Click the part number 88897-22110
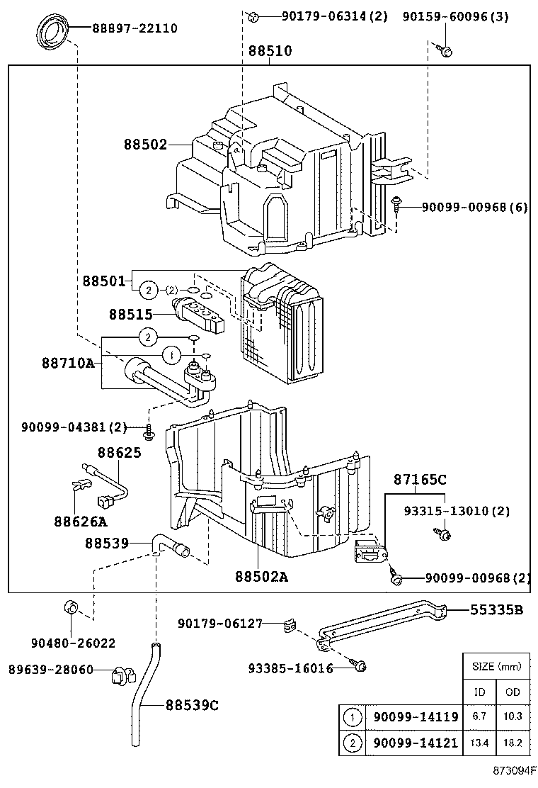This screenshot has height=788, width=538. (134, 28)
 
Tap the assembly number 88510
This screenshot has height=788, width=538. (270, 51)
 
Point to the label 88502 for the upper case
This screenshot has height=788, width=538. (146, 145)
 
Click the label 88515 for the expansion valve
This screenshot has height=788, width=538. (131, 313)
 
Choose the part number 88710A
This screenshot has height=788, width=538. (68, 363)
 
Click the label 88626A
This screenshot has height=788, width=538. (80, 522)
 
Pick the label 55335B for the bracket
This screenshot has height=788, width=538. (498, 609)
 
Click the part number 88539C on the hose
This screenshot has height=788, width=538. (192, 705)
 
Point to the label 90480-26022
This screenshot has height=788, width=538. (73, 643)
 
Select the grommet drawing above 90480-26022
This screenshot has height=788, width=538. (71, 607)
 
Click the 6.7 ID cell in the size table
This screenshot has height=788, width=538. (479, 716)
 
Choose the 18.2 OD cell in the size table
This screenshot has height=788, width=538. (513, 742)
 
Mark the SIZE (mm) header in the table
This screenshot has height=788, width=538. (496, 666)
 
